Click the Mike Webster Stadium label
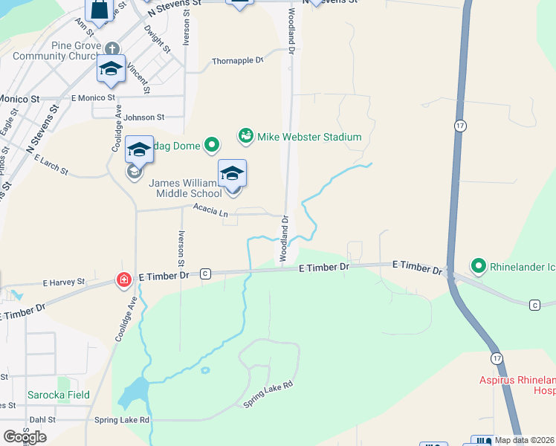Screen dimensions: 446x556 coord(309,137)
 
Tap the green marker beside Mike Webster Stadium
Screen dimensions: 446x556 coord(245,136)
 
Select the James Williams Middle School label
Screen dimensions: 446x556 coord(186,189)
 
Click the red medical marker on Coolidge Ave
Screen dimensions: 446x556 coord(123,280)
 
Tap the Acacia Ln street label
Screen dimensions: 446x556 coord(210,211)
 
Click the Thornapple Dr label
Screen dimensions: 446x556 coord(238,61)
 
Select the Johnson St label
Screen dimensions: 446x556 coord(143,117)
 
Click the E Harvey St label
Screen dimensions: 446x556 coord(64,283)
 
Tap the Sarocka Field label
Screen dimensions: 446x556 coord(58,395)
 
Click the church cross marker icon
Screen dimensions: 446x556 coord(112,48)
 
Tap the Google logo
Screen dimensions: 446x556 coord(24,436)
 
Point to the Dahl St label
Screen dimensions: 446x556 coord(42,420)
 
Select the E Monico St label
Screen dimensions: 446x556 coord(93,97)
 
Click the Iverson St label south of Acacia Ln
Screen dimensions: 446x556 coord(181,248)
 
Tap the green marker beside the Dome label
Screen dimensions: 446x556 coord(212,146)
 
